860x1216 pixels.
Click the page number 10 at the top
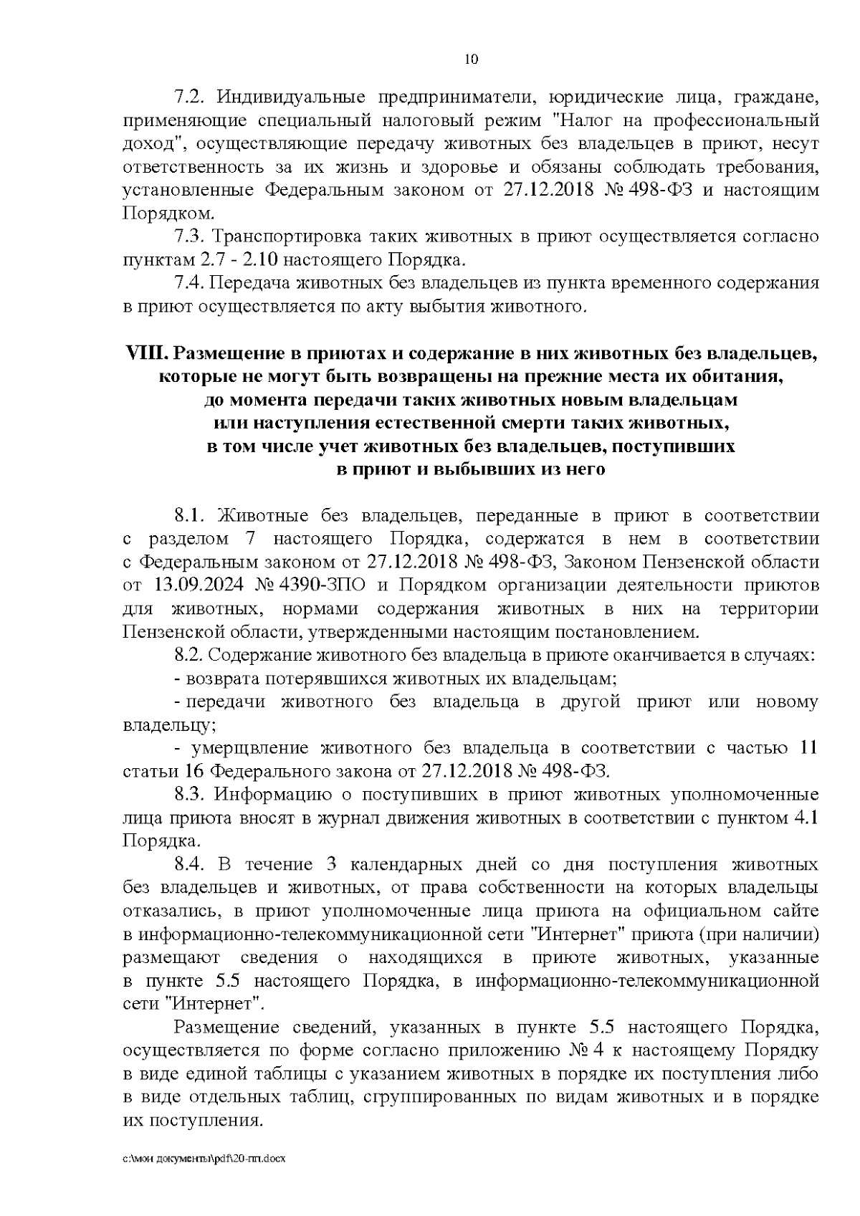click(x=471, y=59)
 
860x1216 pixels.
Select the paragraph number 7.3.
click(x=189, y=236)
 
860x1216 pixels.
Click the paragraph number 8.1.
click(x=189, y=516)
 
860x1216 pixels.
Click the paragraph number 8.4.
click(x=189, y=864)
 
